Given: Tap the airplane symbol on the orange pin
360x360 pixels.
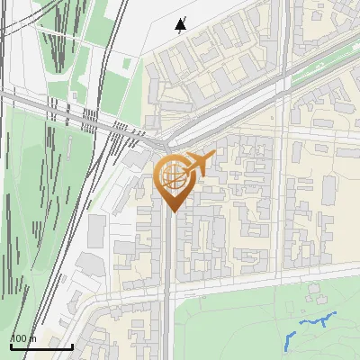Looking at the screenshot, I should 200,164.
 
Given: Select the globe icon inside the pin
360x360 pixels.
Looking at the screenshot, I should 171,175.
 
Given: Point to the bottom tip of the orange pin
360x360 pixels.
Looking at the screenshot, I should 171,211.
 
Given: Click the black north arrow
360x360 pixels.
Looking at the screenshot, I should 181,24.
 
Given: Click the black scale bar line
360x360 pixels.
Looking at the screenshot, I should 41,346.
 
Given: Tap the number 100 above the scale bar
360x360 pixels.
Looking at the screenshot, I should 19,339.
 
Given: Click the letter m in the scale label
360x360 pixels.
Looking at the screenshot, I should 31,339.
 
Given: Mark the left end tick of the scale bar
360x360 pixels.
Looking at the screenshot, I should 11,345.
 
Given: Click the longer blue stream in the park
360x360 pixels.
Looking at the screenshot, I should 317,319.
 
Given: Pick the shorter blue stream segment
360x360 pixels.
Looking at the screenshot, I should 289,340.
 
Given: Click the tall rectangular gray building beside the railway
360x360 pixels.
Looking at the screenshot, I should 96,231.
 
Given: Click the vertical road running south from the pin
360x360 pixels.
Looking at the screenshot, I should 168,270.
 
